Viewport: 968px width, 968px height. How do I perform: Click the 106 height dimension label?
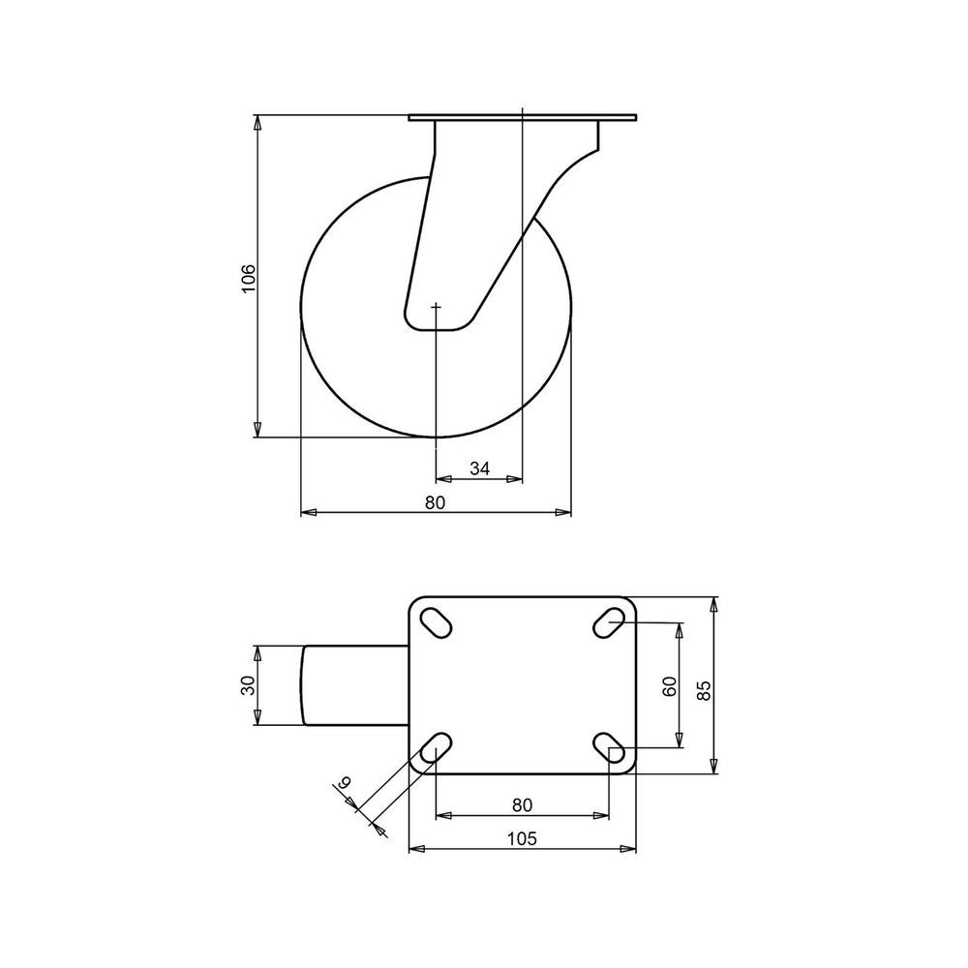[x=247, y=279]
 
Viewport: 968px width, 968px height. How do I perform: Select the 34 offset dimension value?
[x=480, y=469]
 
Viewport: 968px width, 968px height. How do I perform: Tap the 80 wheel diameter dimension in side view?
[x=435, y=502]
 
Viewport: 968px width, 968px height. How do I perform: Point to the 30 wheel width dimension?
[x=248, y=684]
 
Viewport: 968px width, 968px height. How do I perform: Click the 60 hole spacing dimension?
[x=669, y=686]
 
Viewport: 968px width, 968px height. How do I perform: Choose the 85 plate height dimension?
[x=704, y=689]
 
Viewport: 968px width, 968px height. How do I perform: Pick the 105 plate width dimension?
[x=523, y=838]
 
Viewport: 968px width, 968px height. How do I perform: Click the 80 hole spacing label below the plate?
[x=523, y=805]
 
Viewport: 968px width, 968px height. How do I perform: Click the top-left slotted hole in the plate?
[x=436, y=622]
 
